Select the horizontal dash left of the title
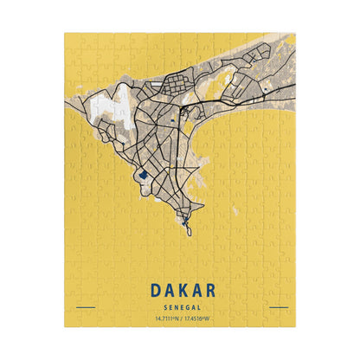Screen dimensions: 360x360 85,307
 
